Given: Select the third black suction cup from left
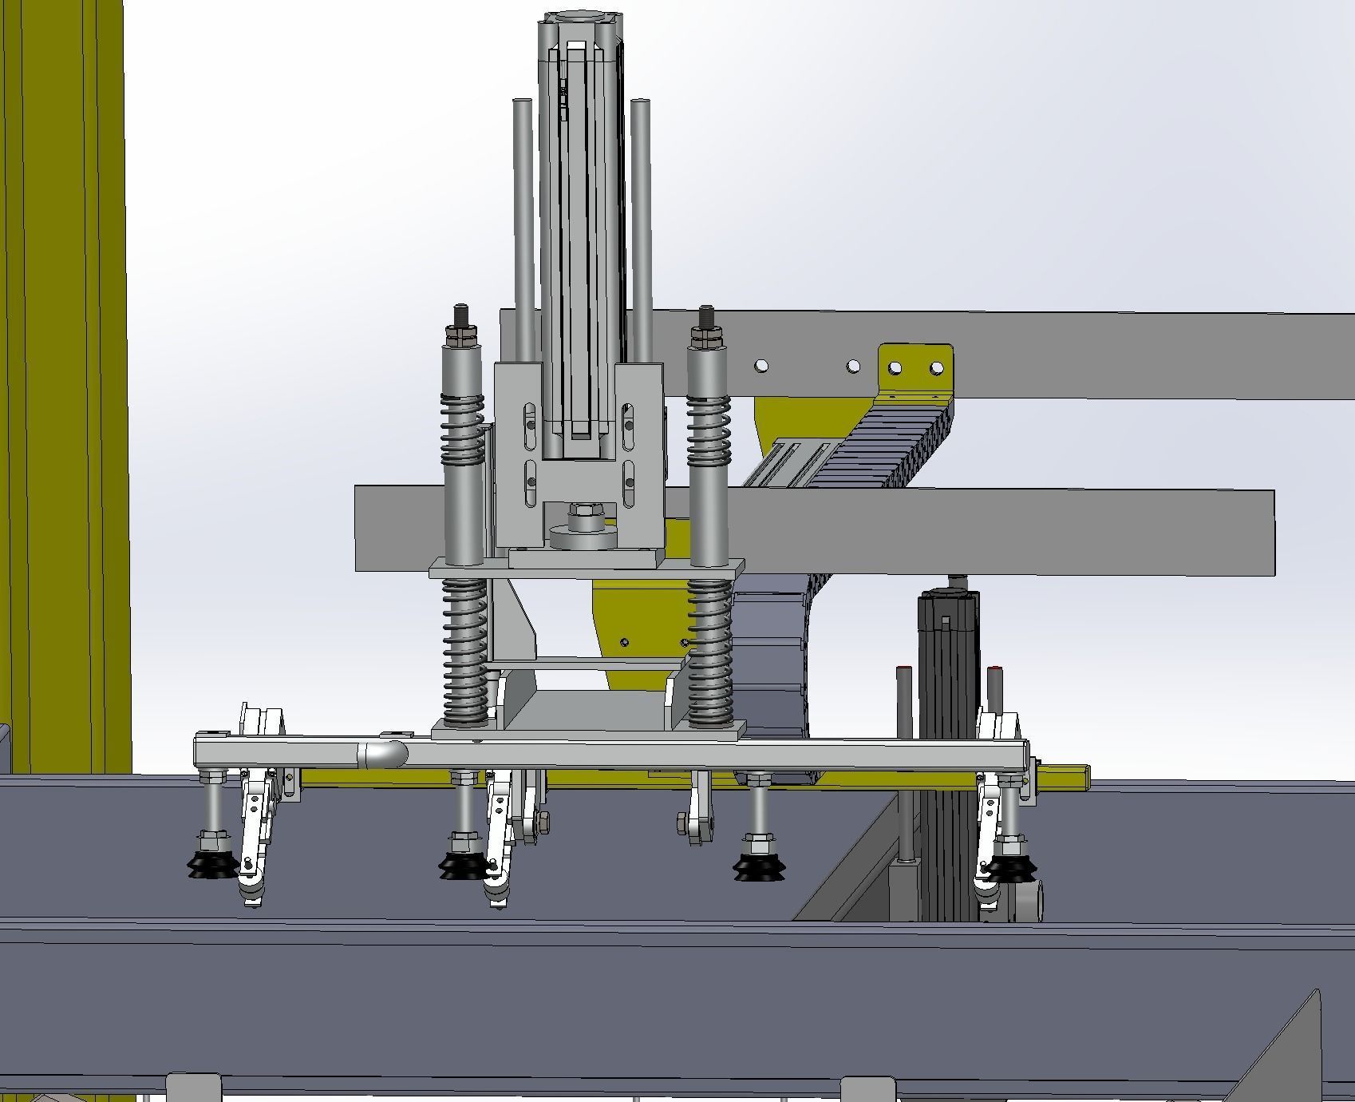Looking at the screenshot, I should click(758, 866).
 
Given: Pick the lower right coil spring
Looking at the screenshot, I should click(709, 651).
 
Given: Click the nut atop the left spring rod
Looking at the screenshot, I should click(461, 333).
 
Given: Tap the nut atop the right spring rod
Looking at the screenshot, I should click(706, 333).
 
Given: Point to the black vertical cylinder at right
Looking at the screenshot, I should click(947, 719).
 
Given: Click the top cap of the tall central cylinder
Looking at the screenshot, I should click(578, 20).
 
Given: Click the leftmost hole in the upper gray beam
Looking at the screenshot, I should click(761, 366).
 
